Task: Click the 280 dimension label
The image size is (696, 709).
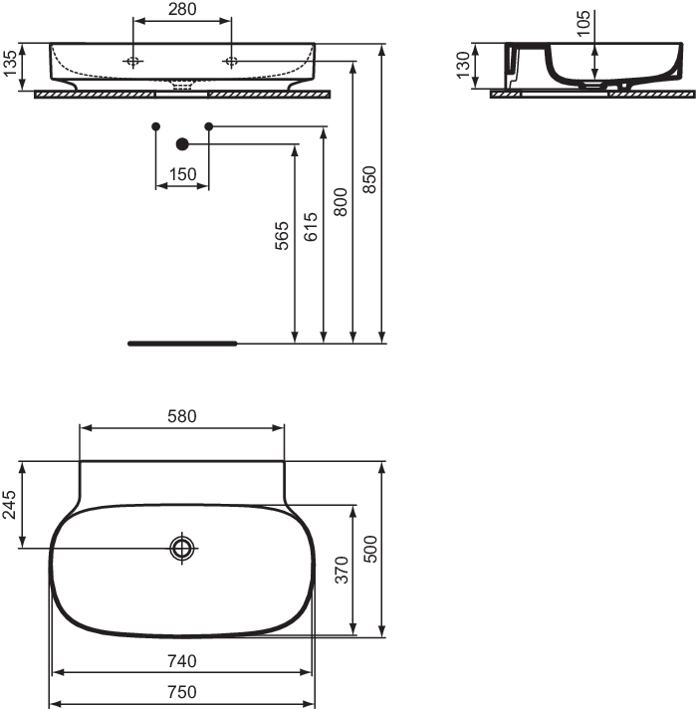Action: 182,9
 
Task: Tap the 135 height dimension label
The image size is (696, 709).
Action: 10,64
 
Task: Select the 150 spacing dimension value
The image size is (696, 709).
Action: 182,174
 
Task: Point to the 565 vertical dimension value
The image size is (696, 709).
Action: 282,235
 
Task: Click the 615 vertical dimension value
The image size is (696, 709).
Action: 311,227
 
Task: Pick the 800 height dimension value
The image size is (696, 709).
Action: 341,202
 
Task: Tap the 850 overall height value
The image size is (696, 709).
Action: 369,179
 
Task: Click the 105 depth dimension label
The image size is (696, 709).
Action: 583,23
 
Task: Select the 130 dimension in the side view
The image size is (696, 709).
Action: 463,65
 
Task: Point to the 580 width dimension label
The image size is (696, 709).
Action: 182,416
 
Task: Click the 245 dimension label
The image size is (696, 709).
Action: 9,505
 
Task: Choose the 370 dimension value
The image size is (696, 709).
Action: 342,571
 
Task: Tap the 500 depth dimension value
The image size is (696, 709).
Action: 370,549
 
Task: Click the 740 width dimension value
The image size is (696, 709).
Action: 182,661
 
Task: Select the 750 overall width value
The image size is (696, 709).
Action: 182,692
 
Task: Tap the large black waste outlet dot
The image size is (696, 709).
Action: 182,144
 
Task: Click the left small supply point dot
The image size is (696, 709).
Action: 156,126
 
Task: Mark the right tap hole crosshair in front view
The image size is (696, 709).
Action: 231,61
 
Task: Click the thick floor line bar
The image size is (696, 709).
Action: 182,344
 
